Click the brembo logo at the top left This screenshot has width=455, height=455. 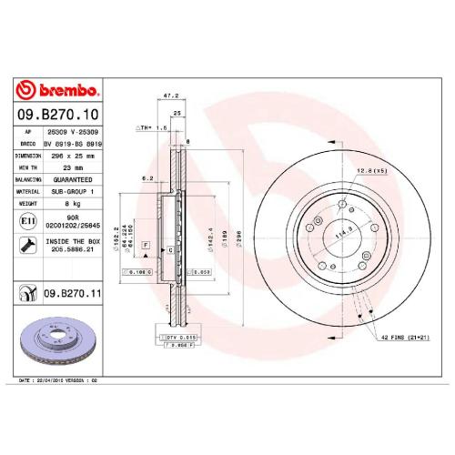pyautogui.click(x=57, y=90)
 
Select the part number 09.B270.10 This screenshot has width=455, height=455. pyautogui.click(x=57, y=116)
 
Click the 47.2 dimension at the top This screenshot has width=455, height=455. pyautogui.click(x=168, y=94)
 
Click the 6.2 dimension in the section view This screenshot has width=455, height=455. pyautogui.click(x=146, y=179)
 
